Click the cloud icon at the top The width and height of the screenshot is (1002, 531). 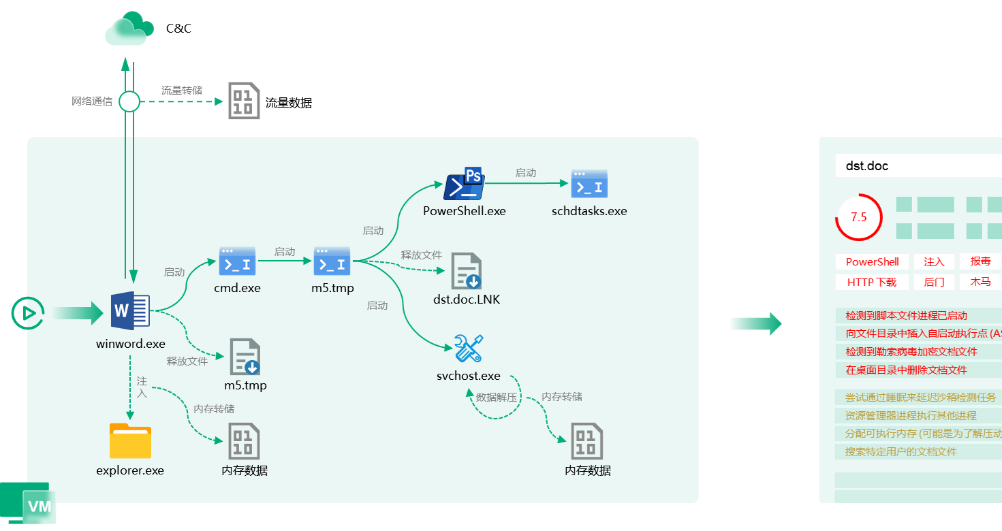coord(128,29)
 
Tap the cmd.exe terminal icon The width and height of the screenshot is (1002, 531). coord(237,261)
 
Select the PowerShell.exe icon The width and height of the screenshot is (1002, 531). coord(463,184)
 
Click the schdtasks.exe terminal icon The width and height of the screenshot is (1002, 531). coord(589,184)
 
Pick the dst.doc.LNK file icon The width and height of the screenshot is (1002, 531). coord(467,271)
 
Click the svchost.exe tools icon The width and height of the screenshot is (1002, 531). coord(469,349)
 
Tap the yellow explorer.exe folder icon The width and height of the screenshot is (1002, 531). coord(130,441)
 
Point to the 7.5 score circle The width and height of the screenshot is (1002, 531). coord(858,217)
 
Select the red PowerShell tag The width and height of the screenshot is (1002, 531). coord(872,262)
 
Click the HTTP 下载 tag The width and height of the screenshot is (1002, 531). coord(872,282)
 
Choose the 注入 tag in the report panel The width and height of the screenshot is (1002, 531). coord(934,262)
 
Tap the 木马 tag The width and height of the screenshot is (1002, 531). coord(980,282)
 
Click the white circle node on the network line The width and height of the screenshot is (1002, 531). coord(129,102)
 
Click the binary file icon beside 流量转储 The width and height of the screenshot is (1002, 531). coord(244,101)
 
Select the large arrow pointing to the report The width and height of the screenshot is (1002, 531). coord(755,324)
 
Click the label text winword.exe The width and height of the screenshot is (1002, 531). coord(130,344)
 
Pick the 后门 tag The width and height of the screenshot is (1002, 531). coord(934,282)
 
